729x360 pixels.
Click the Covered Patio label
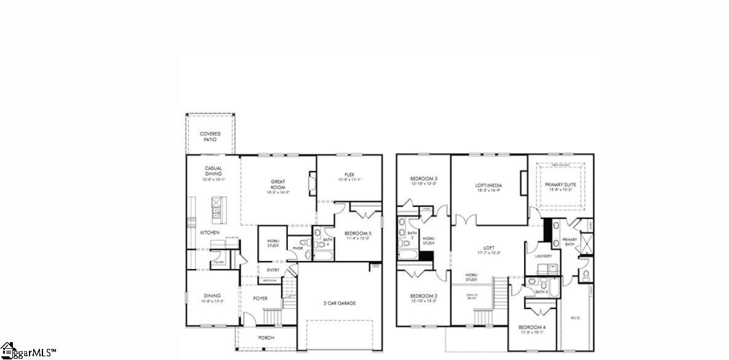click(x=210, y=136)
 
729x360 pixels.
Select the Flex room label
click(x=349, y=177)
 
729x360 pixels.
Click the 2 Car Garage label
click(x=340, y=303)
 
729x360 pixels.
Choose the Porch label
click(x=266, y=338)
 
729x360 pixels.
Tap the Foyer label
click(x=260, y=298)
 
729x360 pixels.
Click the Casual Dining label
click(x=213, y=174)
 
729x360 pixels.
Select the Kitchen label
click(x=210, y=233)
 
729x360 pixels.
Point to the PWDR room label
click(x=298, y=249)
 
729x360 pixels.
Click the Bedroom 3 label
click(x=423, y=181)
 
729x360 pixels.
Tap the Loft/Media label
click(x=488, y=188)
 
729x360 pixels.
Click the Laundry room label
click(x=543, y=256)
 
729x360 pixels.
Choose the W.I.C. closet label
click(x=575, y=318)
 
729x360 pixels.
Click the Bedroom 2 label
click(x=423, y=298)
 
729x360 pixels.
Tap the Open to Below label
click(x=472, y=297)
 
